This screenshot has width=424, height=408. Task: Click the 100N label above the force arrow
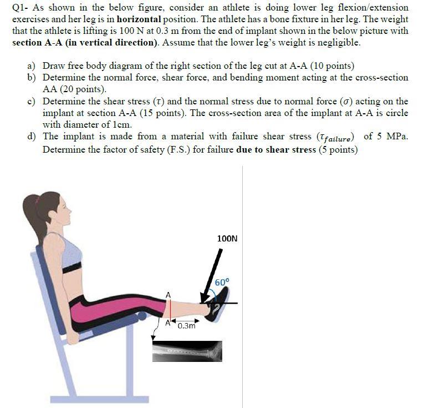click(227, 239)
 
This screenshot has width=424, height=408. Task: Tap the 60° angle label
click(222, 282)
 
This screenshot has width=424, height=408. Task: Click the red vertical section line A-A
click(171, 309)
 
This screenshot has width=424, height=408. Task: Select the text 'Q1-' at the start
click(21, 8)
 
